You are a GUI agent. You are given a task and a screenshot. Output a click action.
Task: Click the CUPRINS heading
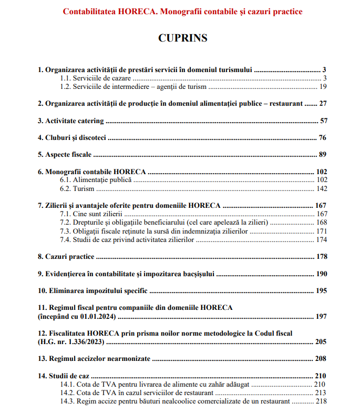182,38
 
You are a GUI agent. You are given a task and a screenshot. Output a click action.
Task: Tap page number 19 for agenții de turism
323,86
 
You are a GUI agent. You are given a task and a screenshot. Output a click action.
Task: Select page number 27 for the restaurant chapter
323,104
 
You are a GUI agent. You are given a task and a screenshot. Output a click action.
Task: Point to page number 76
323,138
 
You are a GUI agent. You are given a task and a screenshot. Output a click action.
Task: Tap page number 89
323,155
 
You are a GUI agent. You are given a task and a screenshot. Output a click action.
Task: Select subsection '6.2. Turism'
77,188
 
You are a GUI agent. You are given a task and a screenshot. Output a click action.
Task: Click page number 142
322,188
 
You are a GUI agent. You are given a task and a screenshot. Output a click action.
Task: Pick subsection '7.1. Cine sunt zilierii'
91,214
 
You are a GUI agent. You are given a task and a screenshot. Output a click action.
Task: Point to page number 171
322,231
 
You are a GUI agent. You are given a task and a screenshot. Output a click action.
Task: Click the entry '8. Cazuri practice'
66,257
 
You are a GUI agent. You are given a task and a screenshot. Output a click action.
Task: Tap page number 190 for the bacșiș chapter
321,274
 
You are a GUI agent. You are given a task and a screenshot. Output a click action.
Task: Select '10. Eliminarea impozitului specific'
92,291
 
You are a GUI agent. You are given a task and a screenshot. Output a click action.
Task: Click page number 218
322,401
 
